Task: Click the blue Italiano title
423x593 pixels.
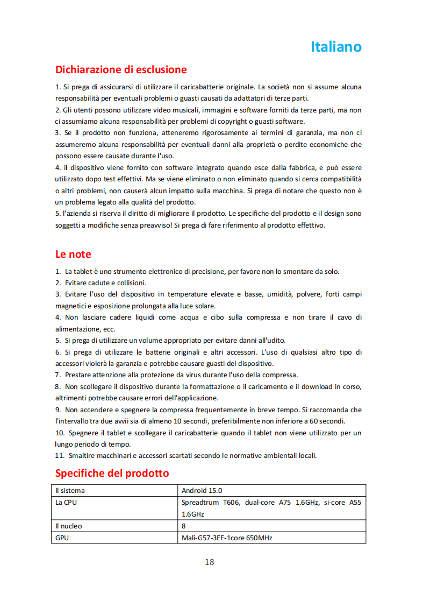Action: (336, 47)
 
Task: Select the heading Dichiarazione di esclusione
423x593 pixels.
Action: (121, 69)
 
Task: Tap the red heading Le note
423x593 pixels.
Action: (73, 254)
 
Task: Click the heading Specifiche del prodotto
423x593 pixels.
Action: (112, 473)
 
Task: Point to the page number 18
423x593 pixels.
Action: (209, 562)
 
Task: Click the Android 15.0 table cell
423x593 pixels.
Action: (202, 490)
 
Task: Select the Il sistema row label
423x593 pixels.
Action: (70, 490)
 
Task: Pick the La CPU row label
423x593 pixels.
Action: (66, 503)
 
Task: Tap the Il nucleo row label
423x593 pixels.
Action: (69, 526)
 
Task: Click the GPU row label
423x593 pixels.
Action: (62, 537)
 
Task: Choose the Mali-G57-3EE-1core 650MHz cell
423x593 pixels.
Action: (227, 537)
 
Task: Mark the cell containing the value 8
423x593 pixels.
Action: (184, 526)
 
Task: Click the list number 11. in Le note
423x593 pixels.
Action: (60, 455)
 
